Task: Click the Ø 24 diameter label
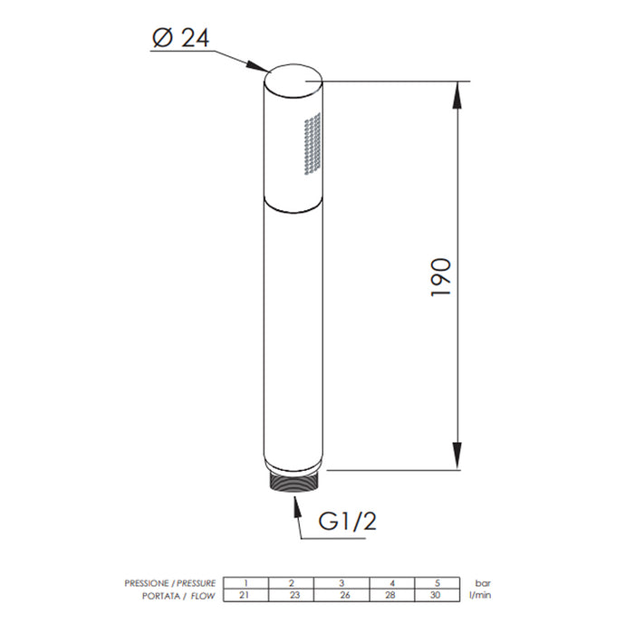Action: (181, 38)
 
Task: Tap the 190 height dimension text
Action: (440, 277)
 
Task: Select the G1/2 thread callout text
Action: (347, 521)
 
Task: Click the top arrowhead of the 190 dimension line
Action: (456, 95)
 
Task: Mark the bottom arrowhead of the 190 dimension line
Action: (456, 456)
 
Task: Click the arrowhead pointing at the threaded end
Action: (298, 508)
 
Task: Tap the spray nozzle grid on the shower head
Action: (312, 143)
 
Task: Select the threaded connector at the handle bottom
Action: (294, 483)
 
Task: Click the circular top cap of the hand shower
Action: (293, 82)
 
